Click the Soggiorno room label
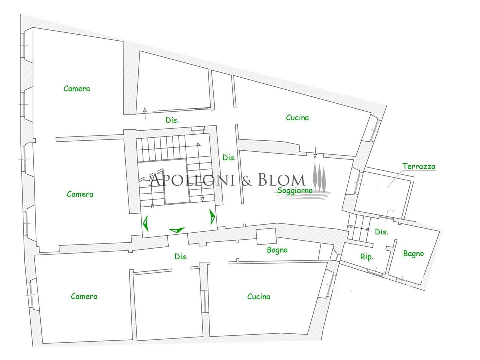tap(295, 190)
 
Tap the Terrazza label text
tap(419, 167)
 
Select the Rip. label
tap(366, 257)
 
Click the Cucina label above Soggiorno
tap(297, 118)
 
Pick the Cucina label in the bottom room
tap(259, 297)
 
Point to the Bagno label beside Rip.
tap(413, 254)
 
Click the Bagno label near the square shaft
tap(277, 250)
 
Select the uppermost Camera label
tap(77, 89)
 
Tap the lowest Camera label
tap(84, 296)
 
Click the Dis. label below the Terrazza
tap(381, 232)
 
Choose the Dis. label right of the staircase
tap(229, 158)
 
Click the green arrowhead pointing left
tap(146, 223)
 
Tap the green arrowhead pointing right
tap(212, 216)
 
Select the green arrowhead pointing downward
tap(177, 230)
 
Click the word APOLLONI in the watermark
tap(192, 180)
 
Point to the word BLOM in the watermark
tap(281, 180)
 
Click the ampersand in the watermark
tap(246, 181)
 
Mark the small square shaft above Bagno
tap(266, 237)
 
